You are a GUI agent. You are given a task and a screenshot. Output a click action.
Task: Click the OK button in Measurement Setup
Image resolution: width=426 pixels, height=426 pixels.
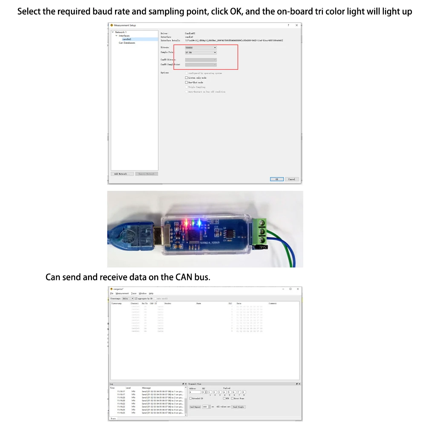pos(276,179)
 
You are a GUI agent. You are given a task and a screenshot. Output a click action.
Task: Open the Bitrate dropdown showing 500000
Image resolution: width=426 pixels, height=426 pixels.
pos(201,48)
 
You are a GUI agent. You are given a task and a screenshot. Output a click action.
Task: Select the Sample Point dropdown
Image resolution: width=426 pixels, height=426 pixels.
pos(201,52)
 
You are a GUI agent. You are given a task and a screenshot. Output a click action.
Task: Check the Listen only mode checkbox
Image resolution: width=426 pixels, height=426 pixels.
pos(186,78)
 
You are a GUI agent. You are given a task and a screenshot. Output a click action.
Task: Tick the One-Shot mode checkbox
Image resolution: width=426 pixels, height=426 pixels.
pos(186,82)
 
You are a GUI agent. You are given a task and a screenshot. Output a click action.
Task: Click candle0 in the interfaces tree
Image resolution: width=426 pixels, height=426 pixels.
pos(127,39)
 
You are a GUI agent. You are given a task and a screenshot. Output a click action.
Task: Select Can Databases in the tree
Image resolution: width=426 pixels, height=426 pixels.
pos(127,43)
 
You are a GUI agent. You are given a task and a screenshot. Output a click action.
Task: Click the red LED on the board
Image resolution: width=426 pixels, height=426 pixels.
pos(185,222)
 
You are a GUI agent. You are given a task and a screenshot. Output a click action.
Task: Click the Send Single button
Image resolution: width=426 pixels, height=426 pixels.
pos(238,407)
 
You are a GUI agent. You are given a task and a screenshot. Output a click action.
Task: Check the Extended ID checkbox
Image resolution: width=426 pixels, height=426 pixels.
pos(190,398)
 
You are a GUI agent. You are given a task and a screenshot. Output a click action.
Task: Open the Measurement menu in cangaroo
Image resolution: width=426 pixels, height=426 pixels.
pos(122,294)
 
